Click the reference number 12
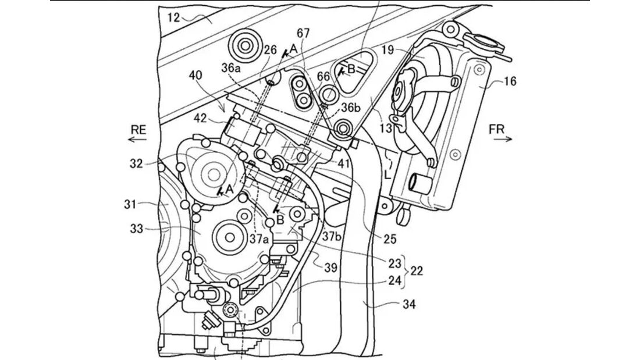[173, 17]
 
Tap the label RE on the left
[138, 131]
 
